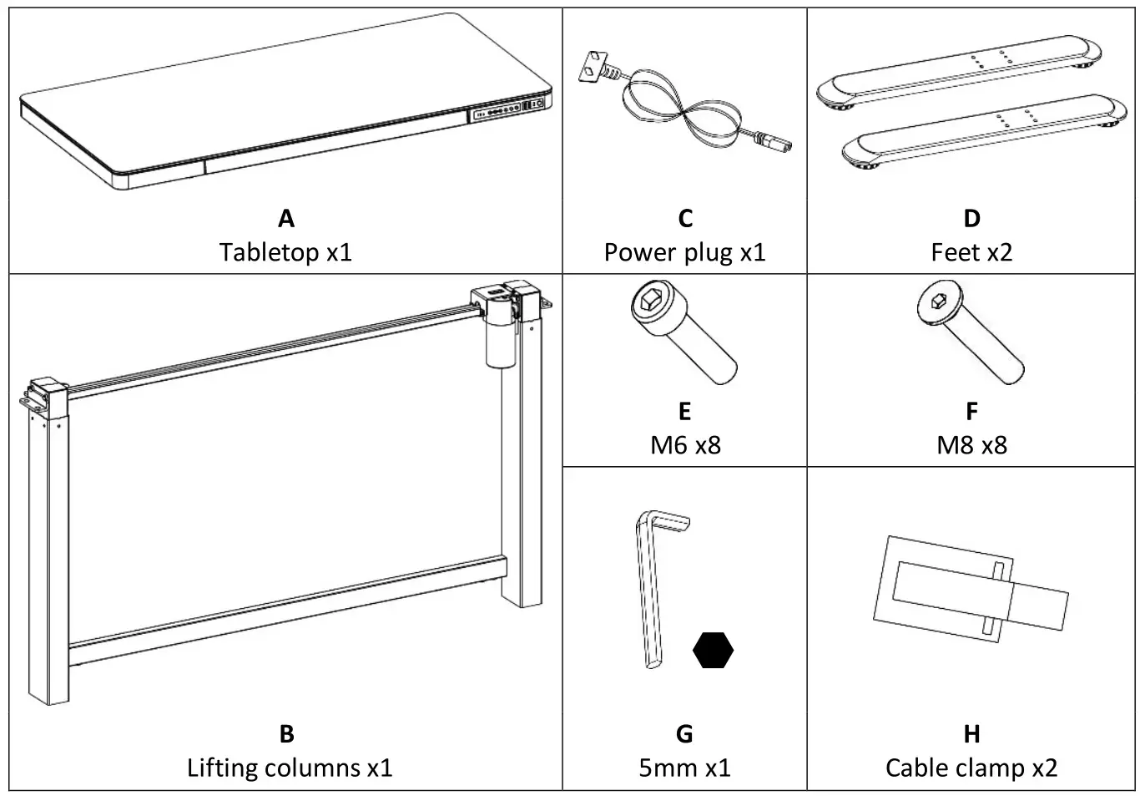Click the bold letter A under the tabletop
click(x=285, y=219)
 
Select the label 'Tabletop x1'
click(x=285, y=252)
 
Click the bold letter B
click(x=286, y=734)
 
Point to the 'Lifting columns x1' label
click(x=289, y=768)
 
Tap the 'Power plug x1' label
click(x=684, y=252)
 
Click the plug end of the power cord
click(x=771, y=143)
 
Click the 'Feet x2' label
click(x=971, y=252)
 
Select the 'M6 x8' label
click(x=684, y=445)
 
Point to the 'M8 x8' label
click(x=971, y=445)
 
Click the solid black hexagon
click(x=713, y=650)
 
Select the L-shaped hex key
click(x=652, y=585)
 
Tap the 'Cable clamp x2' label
click(x=971, y=768)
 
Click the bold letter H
click(x=971, y=734)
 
